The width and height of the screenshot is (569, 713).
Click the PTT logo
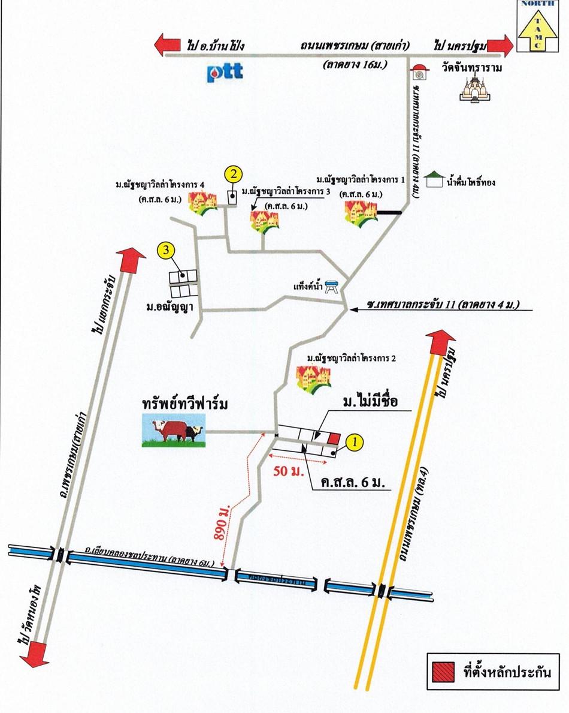pos(225,71)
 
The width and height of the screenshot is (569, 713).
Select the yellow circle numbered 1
pos(355,442)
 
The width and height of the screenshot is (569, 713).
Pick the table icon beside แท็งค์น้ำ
pos(332,288)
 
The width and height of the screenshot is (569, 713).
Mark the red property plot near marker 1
pos(334,438)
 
